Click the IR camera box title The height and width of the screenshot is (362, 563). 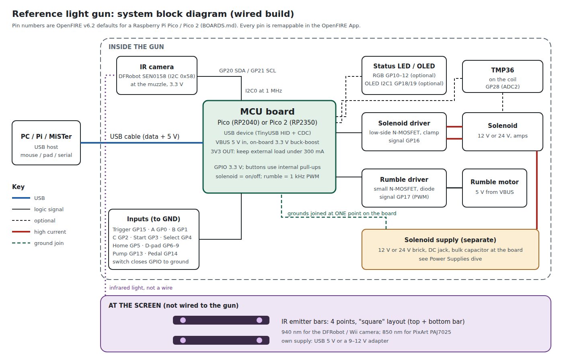pyautogui.click(x=156, y=67)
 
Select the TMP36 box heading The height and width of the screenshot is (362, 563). pyautogui.click(x=502, y=70)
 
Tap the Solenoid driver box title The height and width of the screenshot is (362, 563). pyautogui.click(x=404, y=123)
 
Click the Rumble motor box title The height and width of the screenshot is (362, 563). pyautogui.click(x=494, y=182)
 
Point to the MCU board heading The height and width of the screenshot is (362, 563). pyautogui.click(x=267, y=111)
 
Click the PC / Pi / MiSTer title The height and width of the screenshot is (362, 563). pyautogui.click(x=46, y=136)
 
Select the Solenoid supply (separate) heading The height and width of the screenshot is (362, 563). pyautogui.click(x=450, y=240)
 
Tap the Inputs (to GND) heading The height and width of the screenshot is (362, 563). pyautogui.click(x=154, y=219)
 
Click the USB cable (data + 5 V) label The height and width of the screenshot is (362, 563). pyautogui.click(x=144, y=136)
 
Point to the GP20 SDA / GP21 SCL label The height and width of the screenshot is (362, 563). pyautogui.click(x=247, y=71)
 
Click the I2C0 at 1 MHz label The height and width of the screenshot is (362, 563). pyautogui.click(x=263, y=91)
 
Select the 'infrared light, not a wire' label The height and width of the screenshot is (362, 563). pyautogui.click(x=141, y=288)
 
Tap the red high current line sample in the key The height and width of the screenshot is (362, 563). pyautogui.click(x=21, y=232)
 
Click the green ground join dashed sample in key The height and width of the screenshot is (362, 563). pyautogui.click(x=21, y=243)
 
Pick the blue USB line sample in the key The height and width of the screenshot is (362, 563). pyautogui.click(x=21, y=198)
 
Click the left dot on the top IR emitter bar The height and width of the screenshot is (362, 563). pyautogui.click(x=183, y=320)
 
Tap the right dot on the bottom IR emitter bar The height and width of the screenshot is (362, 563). pyautogui.click(x=259, y=340)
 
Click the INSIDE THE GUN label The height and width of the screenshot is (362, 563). pyautogui.click(x=136, y=47)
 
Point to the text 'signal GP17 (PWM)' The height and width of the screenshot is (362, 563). pyautogui.click(x=404, y=197)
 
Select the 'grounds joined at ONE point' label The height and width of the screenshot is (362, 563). pyautogui.click(x=324, y=214)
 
